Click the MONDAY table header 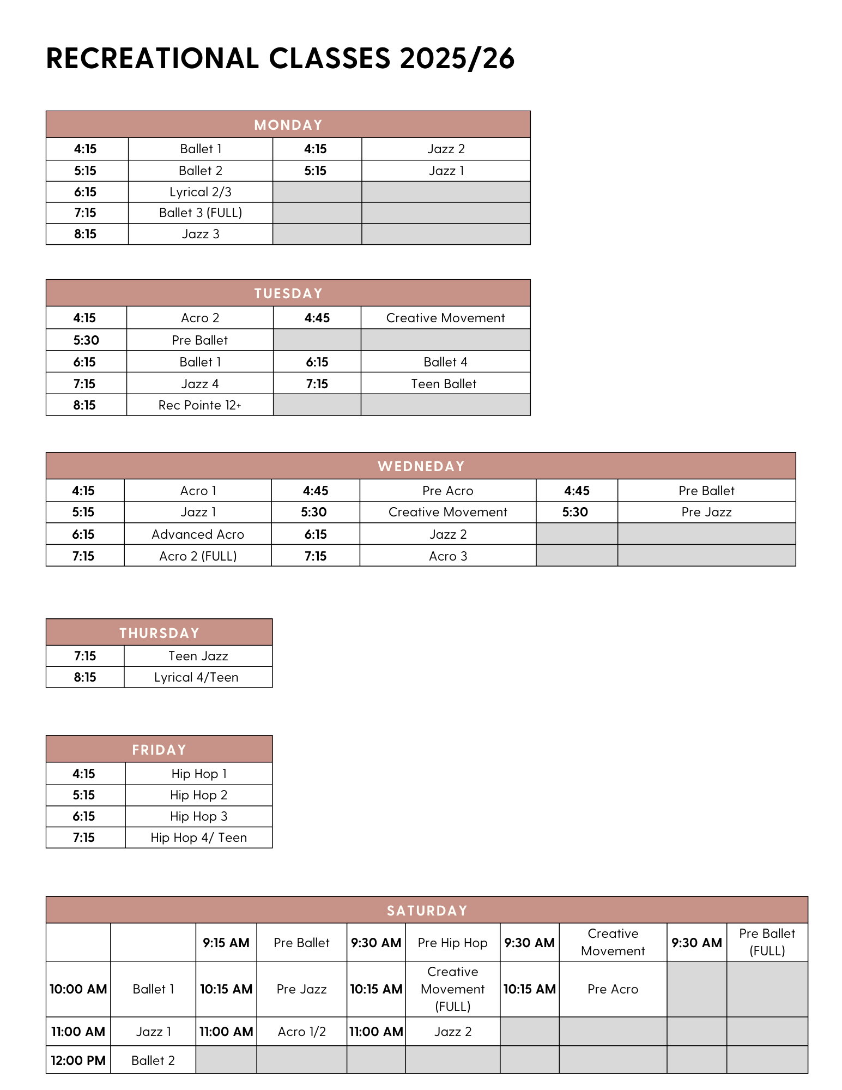(288, 125)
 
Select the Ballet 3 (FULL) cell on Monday (200, 213)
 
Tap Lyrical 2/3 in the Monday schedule (200, 192)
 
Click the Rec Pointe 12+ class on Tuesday (199, 405)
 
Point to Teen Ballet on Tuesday (444, 384)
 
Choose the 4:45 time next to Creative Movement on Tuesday (317, 318)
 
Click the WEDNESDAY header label (421, 466)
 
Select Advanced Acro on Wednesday (197, 534)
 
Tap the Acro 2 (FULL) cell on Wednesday (197, 556)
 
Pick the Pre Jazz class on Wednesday (706, 512)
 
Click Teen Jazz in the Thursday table (198, 656)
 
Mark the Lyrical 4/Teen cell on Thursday (196, 677)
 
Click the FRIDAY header (159, 750)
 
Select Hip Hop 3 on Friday (198, 816)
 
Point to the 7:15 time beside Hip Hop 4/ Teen (84, 838)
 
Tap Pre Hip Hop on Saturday (452, 943)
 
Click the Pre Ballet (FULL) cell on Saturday (767, 942)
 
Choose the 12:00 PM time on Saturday (78, 1061)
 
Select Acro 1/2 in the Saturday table (301, 1032)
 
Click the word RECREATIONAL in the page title (153, 58)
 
